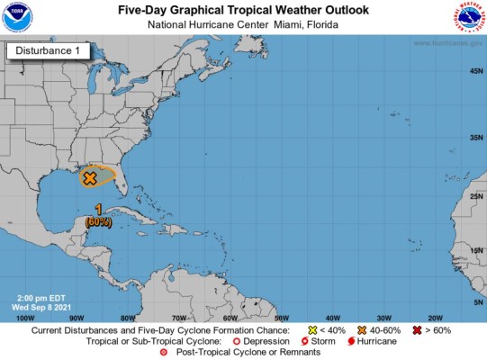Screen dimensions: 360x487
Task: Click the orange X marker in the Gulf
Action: [x=89, y=178]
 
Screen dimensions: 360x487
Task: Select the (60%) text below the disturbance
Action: [x=98, y=221]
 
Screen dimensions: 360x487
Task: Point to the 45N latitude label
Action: [x=473, y=71]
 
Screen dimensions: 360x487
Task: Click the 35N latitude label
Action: [x=473, y=138]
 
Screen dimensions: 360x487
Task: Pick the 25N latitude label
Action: [x=473, y=196]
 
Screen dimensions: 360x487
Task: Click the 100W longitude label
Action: [x=26, y=318]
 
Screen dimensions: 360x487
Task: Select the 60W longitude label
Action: [x=230, y=318]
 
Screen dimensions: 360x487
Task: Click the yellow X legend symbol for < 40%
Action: [x=312, y=331]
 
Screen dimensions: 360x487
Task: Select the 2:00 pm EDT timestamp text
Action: [x=40, y=296]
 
